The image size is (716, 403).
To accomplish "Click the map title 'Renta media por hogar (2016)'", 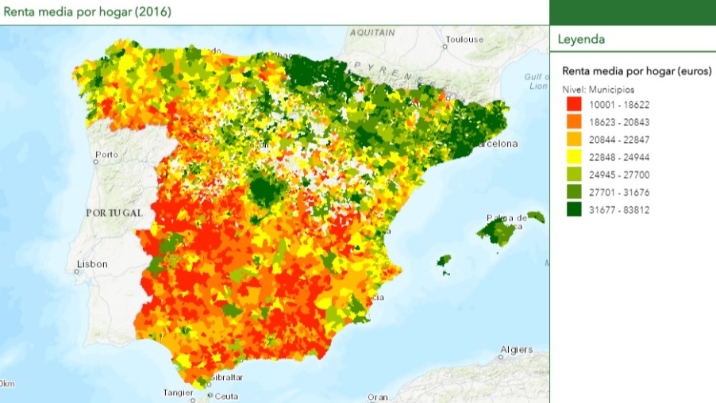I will [87, 12].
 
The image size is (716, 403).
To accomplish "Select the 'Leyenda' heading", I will [581, 39].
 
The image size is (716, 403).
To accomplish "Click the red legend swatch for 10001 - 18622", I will [573, 104].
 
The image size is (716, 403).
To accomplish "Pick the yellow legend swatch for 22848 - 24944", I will [573, 157].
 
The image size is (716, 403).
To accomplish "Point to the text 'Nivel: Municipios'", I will [598, 90].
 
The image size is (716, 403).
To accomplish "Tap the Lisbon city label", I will [92, 264].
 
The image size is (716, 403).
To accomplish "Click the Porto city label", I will [106, 154].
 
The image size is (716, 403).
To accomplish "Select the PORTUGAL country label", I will [114, 213].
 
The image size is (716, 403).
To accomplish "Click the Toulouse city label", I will [465, 39].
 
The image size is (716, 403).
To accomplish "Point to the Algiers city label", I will [517, 350].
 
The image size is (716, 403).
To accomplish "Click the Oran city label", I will [378, 397].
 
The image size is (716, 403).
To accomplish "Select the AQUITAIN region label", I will [372, 33].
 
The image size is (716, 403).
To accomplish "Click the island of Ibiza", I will [444, 260].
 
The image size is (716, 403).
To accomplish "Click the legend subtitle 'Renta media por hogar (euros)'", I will [637, 71].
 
